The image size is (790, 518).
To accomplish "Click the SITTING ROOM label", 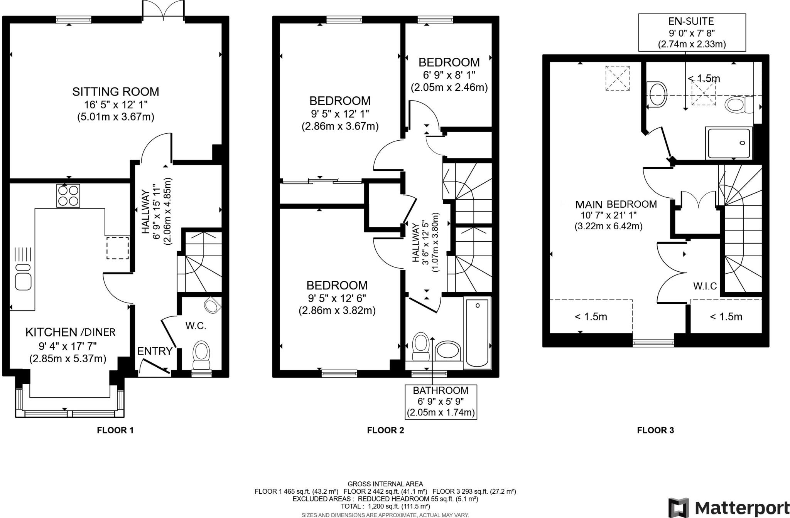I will pos(115,92).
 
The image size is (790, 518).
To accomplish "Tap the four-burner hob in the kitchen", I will pos(68,195).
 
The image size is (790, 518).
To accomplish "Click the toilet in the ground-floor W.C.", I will pos(201,353).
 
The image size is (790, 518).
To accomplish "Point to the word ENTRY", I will pos(155,351).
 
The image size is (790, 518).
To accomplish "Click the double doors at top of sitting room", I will pos(163,10).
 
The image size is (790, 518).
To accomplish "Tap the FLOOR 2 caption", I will pos(385,430).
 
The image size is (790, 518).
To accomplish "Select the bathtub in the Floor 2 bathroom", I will pos(477,333).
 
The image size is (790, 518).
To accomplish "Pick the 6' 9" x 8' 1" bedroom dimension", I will pos(449,74).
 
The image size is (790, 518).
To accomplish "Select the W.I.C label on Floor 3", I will pos(705,286).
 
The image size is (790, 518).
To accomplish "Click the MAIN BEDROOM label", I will pos(616,204).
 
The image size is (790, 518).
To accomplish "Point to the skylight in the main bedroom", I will pos(617,78).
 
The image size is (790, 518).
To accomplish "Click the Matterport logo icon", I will pos(679,508).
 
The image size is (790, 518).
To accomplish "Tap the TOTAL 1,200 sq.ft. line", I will pos(385,506).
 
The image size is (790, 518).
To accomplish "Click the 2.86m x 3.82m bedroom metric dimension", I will pos(337,311).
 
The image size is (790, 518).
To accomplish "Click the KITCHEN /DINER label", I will pos(71,332).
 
